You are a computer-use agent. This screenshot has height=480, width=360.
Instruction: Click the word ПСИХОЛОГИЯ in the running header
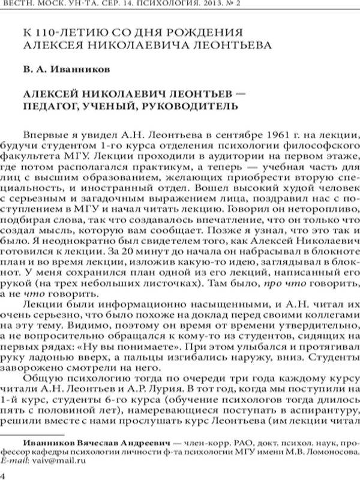click(252, 8)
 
